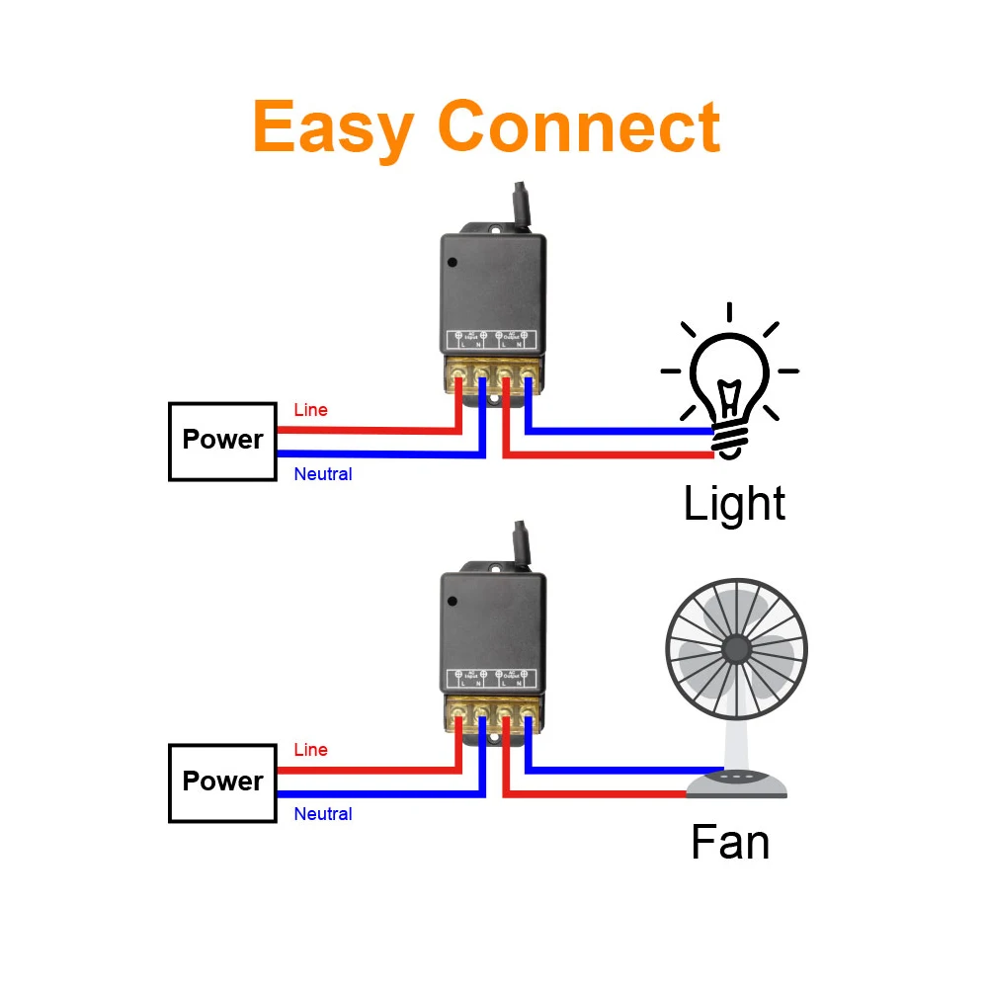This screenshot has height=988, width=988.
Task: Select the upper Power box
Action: pyautogui.click(x=222, y=441)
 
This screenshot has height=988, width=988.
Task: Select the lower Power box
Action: pyautogui.click(x=222, y=782)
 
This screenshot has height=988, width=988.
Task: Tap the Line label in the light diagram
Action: pyautogui.click(x=310, y=410)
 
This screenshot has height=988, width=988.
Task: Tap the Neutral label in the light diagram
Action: pyautogui.click(x=323, y=474)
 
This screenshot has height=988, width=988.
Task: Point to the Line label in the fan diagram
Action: pyautogui.click(x=310, y=751)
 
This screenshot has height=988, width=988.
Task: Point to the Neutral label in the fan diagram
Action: pyautogui.click(x=323, y=814)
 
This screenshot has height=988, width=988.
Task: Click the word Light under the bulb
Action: pyautogui.click(x=734, y=503)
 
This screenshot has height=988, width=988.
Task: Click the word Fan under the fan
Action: pyautogui.click(x=730, y=843)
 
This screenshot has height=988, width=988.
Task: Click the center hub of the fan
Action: pyautogui.click(x=736, y=649)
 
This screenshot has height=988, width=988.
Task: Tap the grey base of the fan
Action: pyautogui.click(x=737, y=784)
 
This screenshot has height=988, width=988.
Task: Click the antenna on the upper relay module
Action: pyautogui.click(x=522, y=206)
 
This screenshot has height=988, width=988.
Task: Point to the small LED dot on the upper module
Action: pyautogui.click(x=453, y=263)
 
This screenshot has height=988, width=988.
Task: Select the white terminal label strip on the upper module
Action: pyautogui.click(x=492, y=339)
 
